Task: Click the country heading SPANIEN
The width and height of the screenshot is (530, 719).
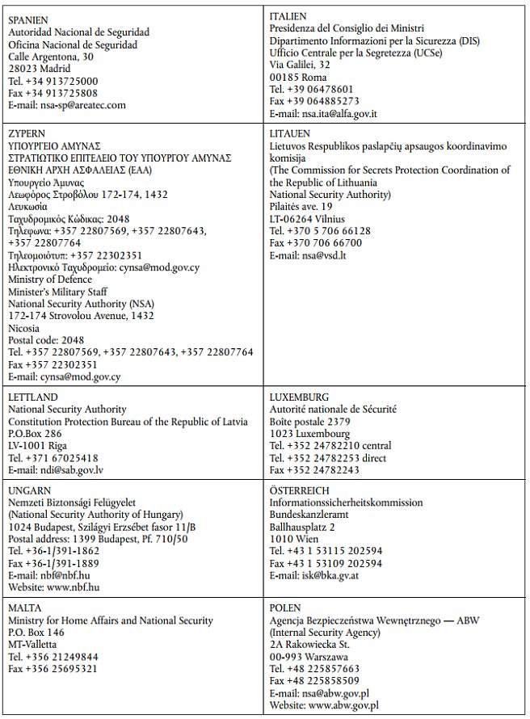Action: (29, 19)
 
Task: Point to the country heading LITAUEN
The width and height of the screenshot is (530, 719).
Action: (293, 132)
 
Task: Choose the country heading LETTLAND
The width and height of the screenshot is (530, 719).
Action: (32, 397)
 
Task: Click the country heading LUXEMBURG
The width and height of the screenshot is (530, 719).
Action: (299, 397)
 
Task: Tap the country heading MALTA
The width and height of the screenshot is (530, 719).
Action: (26, 608)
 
